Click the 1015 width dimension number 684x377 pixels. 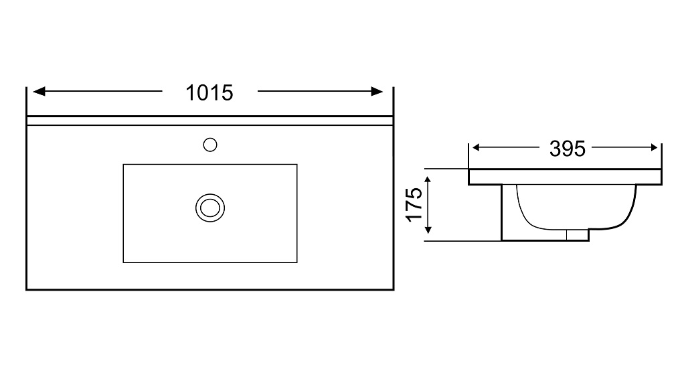coord(209,92)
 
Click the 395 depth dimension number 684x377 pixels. coord(567,149)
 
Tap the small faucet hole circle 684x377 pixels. coord(210,144)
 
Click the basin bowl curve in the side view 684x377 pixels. coord(576,224)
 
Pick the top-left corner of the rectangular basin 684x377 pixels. coord(123,164)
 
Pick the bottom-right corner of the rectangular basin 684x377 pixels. coord(297,262)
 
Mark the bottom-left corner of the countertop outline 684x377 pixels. coord(27,289)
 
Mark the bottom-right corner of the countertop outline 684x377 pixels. coord(392,289)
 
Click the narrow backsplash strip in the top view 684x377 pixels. coord(209,121)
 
